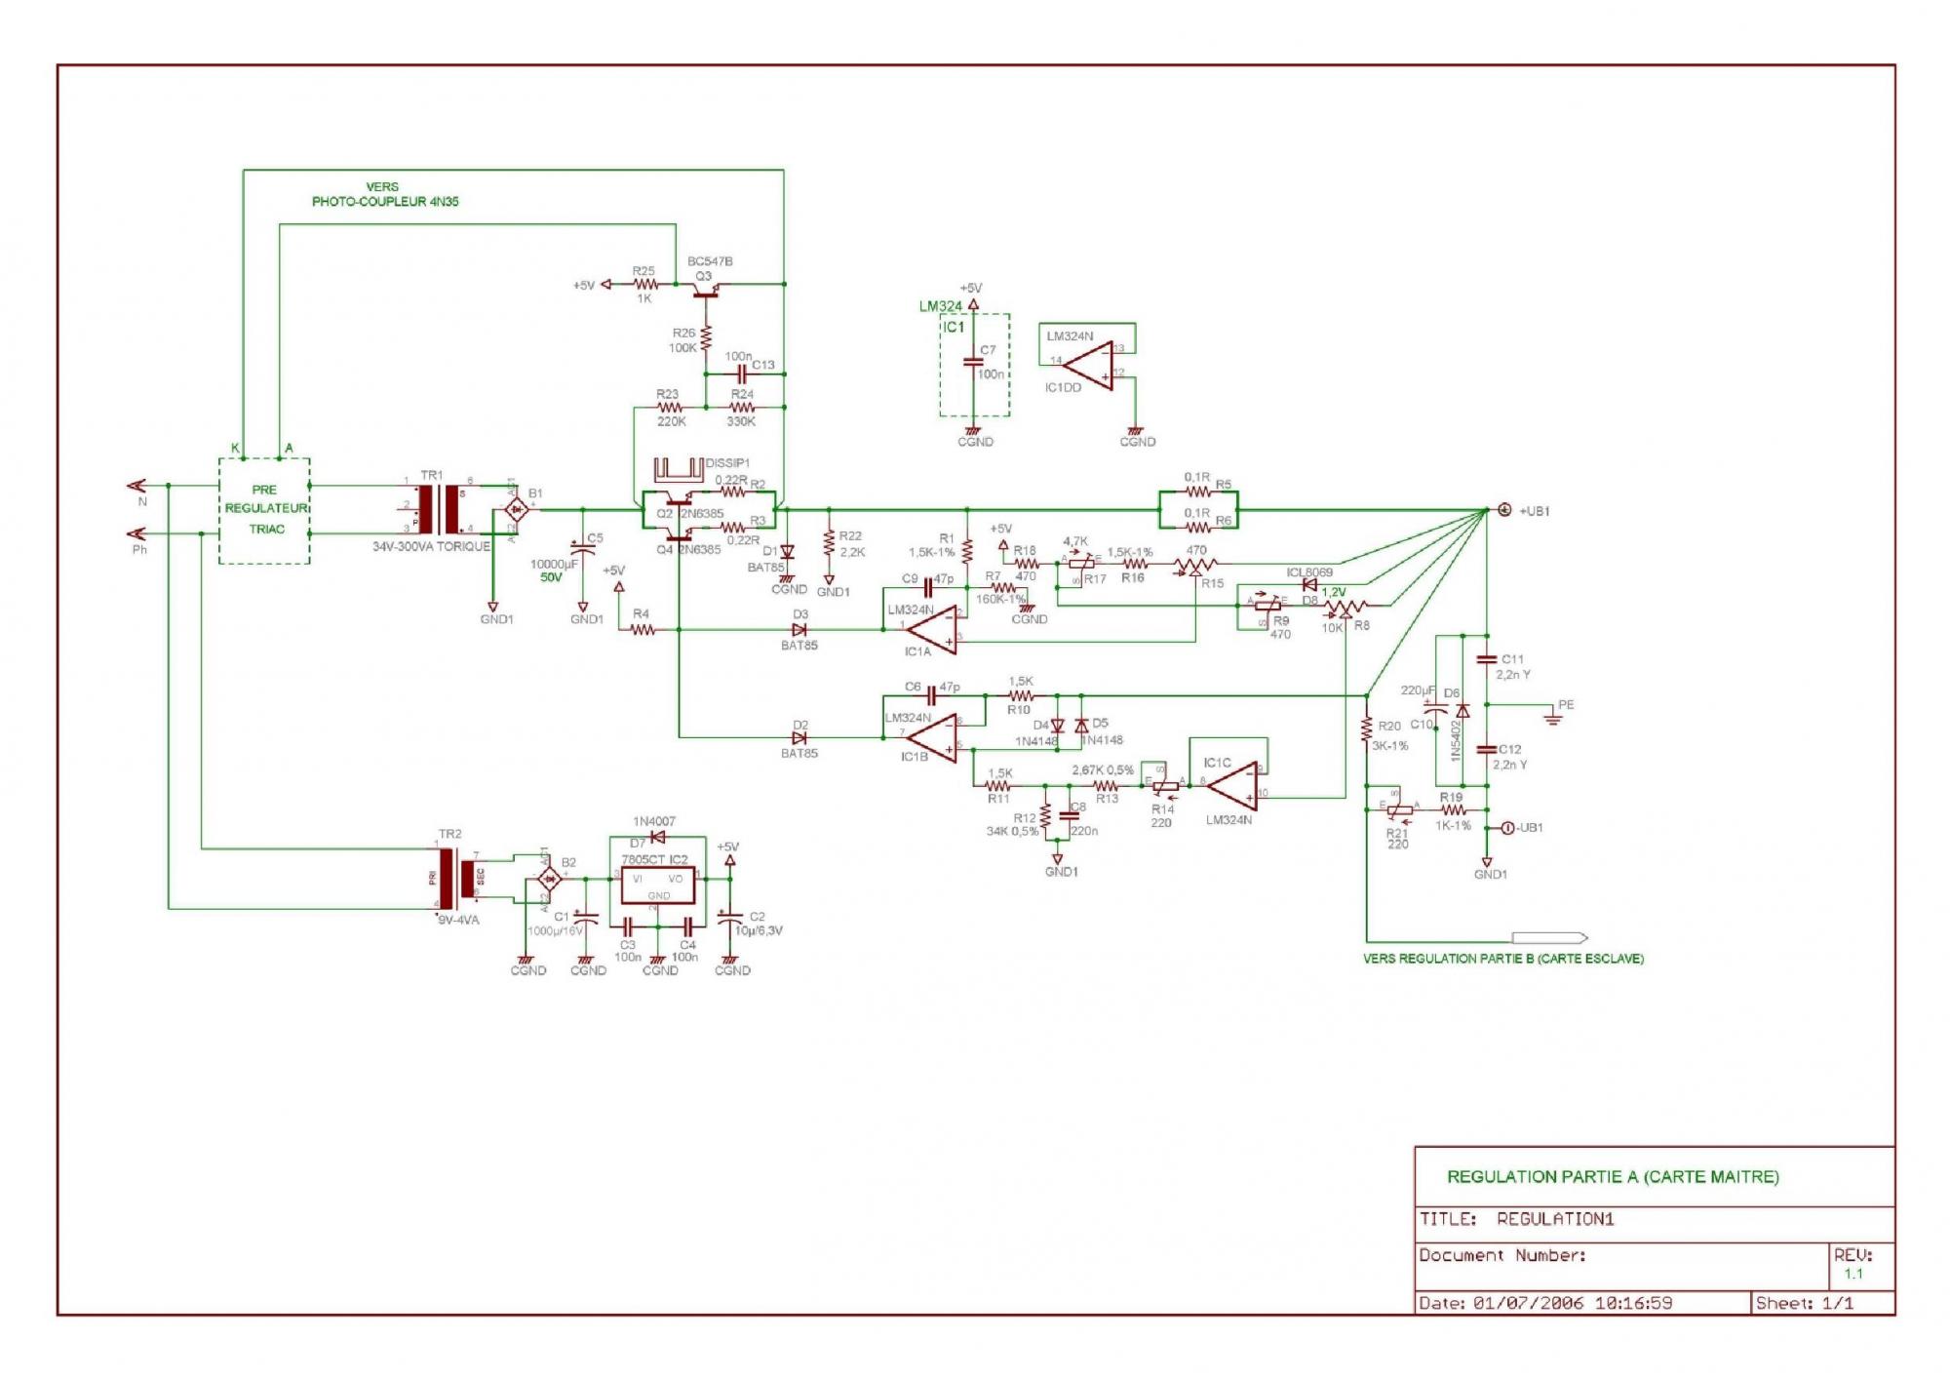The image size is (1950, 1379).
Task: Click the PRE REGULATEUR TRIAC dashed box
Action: tap(264, 510)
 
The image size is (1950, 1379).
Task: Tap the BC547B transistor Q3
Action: tap(705, 287)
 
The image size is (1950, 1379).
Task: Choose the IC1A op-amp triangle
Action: tap(931, 630)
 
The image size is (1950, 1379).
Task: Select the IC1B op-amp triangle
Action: tap(931, 737)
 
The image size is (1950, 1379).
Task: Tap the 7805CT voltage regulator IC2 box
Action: tap(659, 886)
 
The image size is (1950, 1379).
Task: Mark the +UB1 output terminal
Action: tap(1504, 510)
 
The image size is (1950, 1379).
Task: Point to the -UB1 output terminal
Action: tap(1507, 828)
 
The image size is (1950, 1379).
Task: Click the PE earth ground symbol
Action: tap(1553, 719)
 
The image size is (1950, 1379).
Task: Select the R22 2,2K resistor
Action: tap(830, 542)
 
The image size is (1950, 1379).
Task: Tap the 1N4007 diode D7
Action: tap(658, 837)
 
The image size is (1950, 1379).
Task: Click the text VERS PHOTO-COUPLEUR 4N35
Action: tap(384, 194)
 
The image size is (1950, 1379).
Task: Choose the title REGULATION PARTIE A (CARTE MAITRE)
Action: tap(1613, 1177)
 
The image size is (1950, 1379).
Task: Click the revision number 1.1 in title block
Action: tap(1852, 1274)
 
